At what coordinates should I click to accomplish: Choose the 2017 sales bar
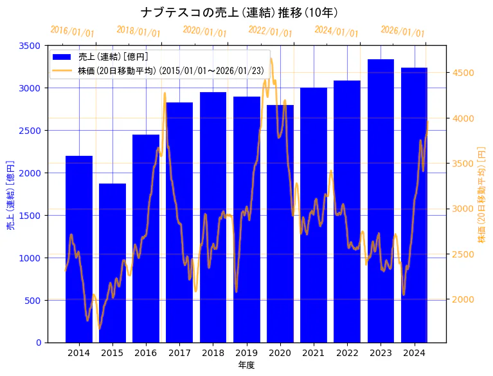(x=179, y=222)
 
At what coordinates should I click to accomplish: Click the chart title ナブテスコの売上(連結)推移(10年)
(x=239, y=12)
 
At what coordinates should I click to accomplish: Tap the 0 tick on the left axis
(x=38, y=343)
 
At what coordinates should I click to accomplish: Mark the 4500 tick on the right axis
(x=463, y=73)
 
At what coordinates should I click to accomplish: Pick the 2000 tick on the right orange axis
(x=463, y=299)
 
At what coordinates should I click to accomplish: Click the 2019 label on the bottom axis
(x=246, y=353)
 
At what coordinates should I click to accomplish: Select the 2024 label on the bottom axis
(x=414, y=353)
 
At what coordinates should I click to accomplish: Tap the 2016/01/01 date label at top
(x=72, y=32)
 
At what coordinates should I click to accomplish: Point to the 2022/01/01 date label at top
(x=270, y=32)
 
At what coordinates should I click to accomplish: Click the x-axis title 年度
(x=246, y=365)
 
